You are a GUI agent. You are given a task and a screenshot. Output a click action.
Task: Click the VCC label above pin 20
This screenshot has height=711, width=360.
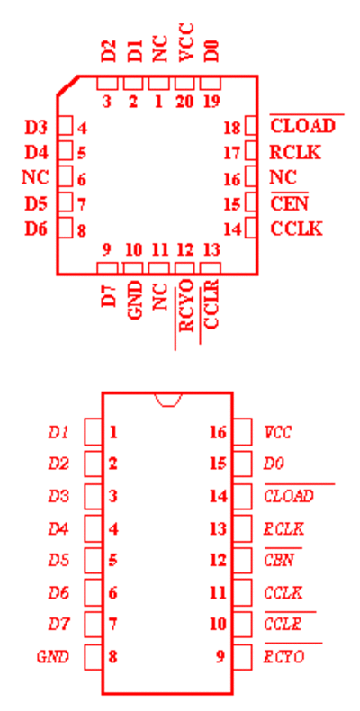point(185,42)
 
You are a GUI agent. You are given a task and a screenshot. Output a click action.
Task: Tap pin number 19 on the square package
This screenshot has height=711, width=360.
point(211,102)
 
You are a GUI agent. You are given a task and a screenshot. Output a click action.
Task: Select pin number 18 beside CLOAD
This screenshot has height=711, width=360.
point(232,128)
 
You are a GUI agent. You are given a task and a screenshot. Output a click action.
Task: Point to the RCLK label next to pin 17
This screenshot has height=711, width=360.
point(295,152)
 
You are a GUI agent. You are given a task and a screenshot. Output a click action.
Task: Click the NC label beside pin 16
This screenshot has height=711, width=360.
point(283,176)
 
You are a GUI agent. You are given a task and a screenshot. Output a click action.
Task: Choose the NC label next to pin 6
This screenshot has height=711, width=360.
point(35,176)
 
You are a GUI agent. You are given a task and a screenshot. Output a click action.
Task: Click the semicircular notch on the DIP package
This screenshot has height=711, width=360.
point(167,400)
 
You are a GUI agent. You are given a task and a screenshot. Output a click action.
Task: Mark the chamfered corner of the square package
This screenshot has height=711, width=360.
point(67,85)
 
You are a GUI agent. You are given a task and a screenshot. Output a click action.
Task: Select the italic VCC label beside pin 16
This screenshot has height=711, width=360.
point(277,432)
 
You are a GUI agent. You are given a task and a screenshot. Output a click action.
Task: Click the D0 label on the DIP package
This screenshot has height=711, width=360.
point(274,463)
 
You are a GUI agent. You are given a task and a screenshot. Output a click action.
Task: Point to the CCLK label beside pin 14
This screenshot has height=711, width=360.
point(296,229)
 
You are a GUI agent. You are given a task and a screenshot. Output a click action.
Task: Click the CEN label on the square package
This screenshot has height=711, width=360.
point(289,204)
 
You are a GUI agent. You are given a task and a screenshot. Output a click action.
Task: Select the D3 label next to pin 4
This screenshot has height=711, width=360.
point(36,128)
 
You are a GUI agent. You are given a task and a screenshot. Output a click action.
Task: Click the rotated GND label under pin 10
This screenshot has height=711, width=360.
point(135,300)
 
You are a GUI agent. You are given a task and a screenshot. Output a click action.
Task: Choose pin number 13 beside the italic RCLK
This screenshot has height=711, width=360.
point(217,528)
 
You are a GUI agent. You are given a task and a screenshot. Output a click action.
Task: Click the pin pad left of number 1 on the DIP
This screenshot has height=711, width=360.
point(94,432)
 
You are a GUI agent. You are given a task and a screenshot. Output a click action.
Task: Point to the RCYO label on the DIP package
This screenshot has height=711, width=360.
point(283,656)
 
